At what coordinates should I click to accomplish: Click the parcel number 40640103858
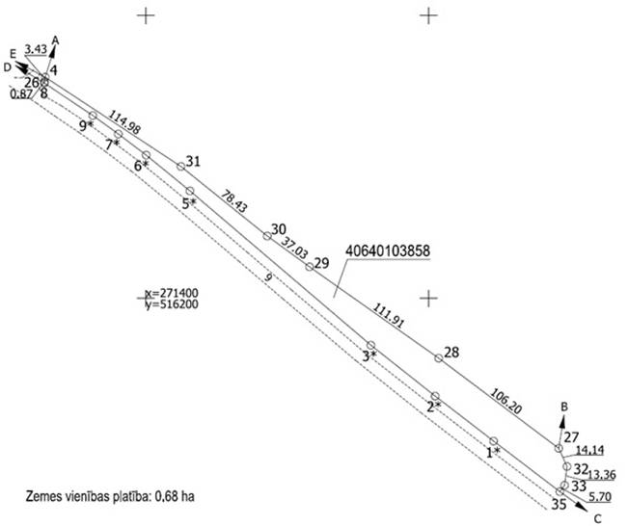point(388,251)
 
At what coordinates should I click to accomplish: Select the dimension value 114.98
point(124,122)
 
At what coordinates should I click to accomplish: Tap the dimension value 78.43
point(234,202)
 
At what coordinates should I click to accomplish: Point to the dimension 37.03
point(294,248)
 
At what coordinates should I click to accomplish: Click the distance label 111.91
point(389,316)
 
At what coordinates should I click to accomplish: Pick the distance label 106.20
point(505,401)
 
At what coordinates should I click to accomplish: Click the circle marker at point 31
point(181,167)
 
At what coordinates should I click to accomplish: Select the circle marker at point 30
point(267,236)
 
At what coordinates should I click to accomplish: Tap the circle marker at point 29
point(310,267)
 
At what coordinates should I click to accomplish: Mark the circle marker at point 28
point(439,358)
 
